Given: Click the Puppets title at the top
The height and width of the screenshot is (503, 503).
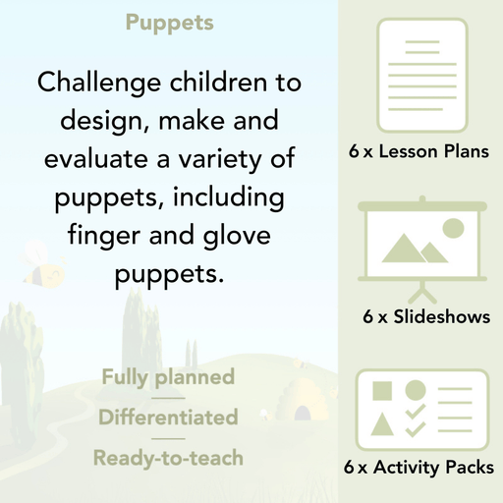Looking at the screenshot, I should (170, 23).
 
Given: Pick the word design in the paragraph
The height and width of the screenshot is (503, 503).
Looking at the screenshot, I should (79, 121).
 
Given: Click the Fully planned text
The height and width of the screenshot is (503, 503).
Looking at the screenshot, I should (168, 377).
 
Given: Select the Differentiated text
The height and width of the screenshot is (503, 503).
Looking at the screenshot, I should (168, 418).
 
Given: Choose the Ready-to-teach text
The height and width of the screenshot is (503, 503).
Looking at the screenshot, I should (168, 458).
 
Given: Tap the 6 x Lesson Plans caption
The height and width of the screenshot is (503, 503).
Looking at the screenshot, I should (419, 152).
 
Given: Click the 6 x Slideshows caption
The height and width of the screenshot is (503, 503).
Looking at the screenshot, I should (426, 316).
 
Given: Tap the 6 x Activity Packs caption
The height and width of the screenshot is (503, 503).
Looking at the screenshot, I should (419, 469).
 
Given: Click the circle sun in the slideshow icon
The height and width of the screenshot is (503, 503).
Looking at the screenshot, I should (453, 229).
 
